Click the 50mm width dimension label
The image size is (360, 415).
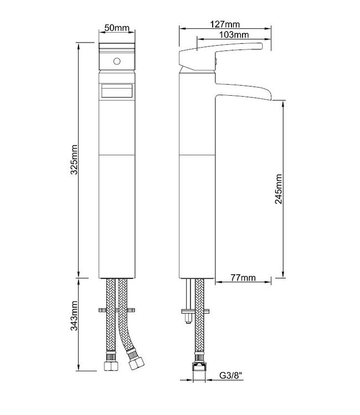117,28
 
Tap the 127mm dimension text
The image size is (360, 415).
225,24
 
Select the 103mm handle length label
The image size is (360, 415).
234,35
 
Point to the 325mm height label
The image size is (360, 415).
74,159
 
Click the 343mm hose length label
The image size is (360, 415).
74,315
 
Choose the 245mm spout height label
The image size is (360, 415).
279,189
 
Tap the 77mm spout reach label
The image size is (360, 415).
243,278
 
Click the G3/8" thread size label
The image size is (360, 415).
231,375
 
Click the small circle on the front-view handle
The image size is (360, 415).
117,61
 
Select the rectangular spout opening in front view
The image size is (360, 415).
117,91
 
